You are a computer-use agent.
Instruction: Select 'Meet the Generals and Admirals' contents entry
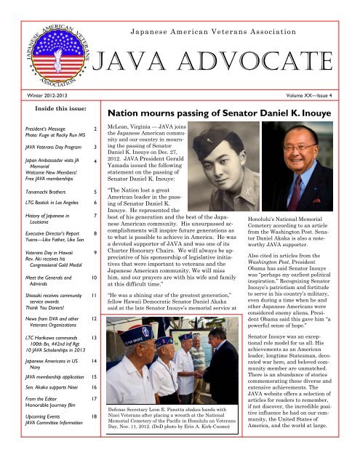(39, 322)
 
